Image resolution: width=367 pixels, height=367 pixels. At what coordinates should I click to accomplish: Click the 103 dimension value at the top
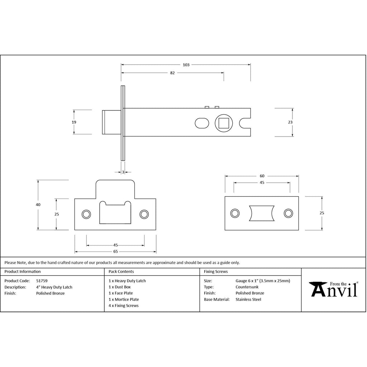point(186,65)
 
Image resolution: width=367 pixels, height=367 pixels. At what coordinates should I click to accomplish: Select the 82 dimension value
point(172,73)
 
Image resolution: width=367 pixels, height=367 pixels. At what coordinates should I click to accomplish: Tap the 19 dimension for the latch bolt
point(74,122)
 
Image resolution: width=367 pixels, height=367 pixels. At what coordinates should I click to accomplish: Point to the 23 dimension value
point(290,122)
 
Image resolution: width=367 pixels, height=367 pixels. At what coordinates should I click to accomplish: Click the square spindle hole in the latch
point(224,123)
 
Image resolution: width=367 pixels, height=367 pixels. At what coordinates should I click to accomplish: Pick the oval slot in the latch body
point(202,123)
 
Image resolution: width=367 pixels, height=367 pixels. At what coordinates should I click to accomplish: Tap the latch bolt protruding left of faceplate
point(112,122)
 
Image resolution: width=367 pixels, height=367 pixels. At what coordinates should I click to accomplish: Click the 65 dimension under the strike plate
point(115,252)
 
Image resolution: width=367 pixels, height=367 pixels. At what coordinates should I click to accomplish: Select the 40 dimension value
point(38,205)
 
